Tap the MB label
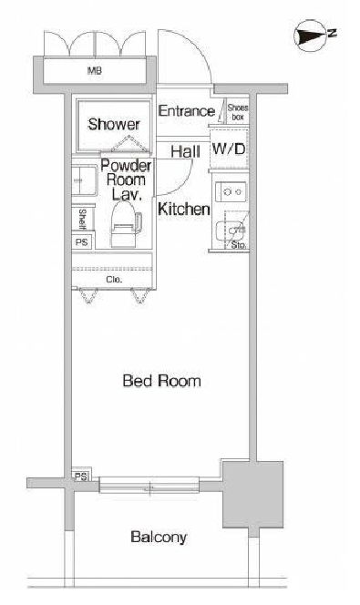[x=94, y=71]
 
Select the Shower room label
[x=113, y=124]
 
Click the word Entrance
[x=186, y=111]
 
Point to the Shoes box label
[x=237, y=111]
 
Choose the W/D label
[x=229, y=149]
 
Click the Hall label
[x=185, y=151]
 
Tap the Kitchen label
[x=184, y=209]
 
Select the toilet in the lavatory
[x=125, y=226]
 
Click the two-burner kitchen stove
[x=231, y=191]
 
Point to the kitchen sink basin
[x=230, y=231]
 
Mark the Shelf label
[x=82, y=219]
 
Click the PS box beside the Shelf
[x=82, y=242]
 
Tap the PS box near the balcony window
[x=80, y=477]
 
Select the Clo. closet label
[x=114, y=280]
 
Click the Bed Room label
[x=161, y=381]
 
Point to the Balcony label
[x=159, y=537]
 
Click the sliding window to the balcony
[x=149, y=485]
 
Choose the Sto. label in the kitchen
[x=239, y=244]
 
